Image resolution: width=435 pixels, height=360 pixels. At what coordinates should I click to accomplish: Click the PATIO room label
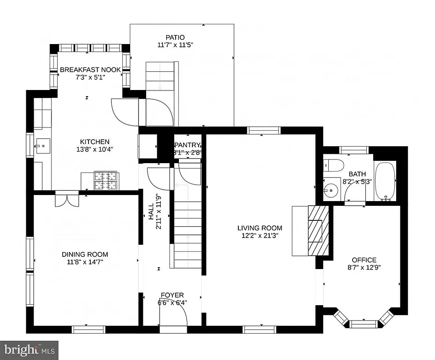click(175, 37)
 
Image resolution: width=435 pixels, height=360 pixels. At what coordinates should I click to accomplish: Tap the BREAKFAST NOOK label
click(90, 70)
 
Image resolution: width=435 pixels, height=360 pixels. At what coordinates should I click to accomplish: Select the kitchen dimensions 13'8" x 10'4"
click(95, 150)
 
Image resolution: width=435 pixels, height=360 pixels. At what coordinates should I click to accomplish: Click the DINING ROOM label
click(85, 255)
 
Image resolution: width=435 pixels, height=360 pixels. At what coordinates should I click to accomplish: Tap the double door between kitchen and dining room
click(67, 199)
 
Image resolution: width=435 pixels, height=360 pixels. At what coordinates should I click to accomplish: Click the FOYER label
click(172, 295)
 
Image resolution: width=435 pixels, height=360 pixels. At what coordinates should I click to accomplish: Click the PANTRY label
click(187, 145)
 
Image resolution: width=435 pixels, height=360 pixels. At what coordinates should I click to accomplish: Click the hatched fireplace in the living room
click(315, 230)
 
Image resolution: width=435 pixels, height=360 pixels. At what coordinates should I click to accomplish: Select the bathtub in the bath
click(386, 180)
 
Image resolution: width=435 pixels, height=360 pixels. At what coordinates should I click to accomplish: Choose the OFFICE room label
click(364, 260)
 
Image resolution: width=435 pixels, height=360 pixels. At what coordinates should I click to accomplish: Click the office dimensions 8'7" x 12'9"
click(364, 268)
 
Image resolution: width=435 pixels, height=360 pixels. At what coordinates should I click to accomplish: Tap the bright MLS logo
click(29, 350)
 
